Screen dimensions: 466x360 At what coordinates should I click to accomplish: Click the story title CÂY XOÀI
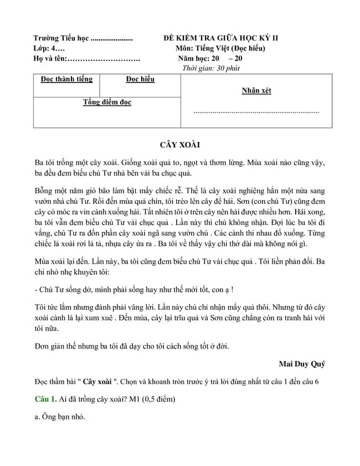179,145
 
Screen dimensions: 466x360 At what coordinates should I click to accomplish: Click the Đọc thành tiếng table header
66,79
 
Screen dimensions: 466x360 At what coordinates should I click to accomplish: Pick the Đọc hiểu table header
140,79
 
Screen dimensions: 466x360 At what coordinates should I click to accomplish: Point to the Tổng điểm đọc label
107,103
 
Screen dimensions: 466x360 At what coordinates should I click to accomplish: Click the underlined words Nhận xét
256,91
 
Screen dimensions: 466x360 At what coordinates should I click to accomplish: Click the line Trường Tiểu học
83,38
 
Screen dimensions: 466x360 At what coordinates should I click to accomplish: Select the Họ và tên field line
86,58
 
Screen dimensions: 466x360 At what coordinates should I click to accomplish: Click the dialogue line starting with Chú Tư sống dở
133,289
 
